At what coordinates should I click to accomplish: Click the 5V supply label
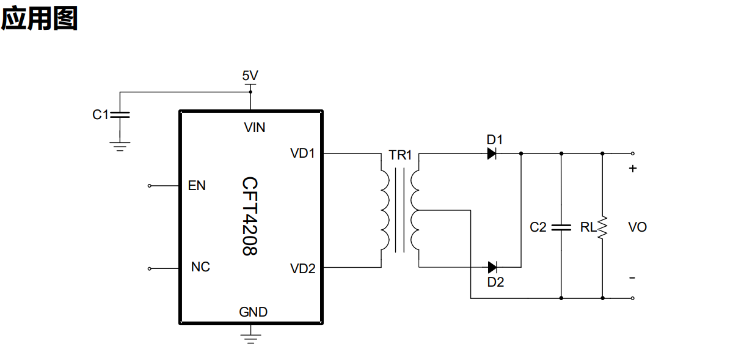coord(250,75)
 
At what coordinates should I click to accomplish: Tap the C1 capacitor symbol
coord(120,115)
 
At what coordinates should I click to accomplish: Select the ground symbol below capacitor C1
coord(120,147)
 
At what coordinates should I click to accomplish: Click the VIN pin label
coord(255,128)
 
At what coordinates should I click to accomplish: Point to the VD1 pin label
coord(302,153)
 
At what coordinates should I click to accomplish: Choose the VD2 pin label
coord(303,268)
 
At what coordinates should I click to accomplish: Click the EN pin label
coord(197,186)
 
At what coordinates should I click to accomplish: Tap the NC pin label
coord(200,267)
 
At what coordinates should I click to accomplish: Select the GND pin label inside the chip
coord(253,312)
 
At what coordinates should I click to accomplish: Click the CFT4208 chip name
coord(250,216)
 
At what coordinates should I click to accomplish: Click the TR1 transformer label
coord(400,155)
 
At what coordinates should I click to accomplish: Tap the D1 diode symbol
coord(492,153)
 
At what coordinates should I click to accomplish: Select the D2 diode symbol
coord(492,268)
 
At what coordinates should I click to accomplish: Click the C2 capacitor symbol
coord(561,227)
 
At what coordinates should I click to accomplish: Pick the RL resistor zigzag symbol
coord(602,228)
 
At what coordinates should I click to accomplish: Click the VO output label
coord(637,227)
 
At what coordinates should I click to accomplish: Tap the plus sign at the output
coord(633,168)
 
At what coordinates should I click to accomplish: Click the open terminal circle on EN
coord(150,186)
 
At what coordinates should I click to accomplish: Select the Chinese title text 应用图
coord(40,18)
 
